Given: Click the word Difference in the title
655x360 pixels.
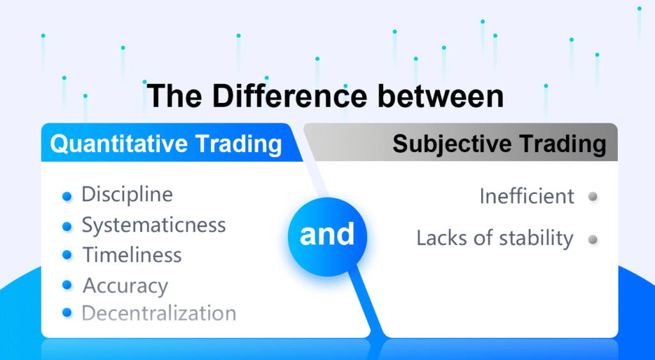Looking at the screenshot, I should pyautogui.click(x=290, y=96).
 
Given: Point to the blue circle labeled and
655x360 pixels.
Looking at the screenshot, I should pyautogui.click(x=327, y=235).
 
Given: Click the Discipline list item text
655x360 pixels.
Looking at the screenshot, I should pyautogui.click(x=127, y=194).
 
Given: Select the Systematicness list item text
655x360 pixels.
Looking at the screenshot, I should pyautogui.click(x=154, y=225).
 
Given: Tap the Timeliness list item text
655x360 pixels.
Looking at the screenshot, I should pyautogui.click(x=132, y=255).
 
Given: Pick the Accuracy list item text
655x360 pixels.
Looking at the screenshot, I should pyautogui.click(x=125, y=286).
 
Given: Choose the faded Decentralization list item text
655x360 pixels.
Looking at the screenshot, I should pyautogui.click(x=159, y=313).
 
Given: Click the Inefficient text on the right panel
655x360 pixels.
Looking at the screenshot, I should pyautogui.click(x=526, y=196).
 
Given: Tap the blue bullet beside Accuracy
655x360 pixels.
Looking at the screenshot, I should pyautogui.click(x=67, y=286).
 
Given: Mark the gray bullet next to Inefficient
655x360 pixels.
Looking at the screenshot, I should pyautogui.click(x=593, y=196).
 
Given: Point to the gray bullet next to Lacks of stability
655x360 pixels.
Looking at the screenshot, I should pyautogui.click(x=593, y=240).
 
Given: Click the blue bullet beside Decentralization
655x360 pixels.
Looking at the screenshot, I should pyautogui.click(x=67, y=313).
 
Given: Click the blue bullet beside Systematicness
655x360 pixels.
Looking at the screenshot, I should pyautogui.click(x=67, y=226).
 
